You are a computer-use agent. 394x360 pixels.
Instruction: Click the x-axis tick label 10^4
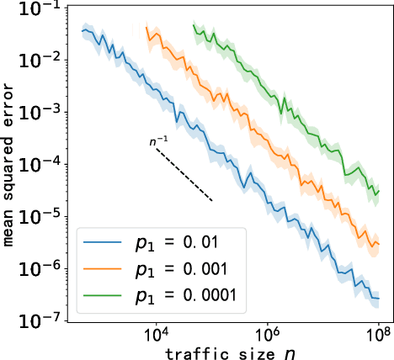point(154,336)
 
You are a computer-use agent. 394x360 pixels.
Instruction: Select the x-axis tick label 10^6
point(267,336)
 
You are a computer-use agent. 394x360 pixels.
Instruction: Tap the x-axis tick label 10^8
point(379,336)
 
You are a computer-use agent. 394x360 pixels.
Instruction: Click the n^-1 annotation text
point(157,143)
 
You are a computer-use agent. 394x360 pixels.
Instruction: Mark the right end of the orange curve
point(381,244)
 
